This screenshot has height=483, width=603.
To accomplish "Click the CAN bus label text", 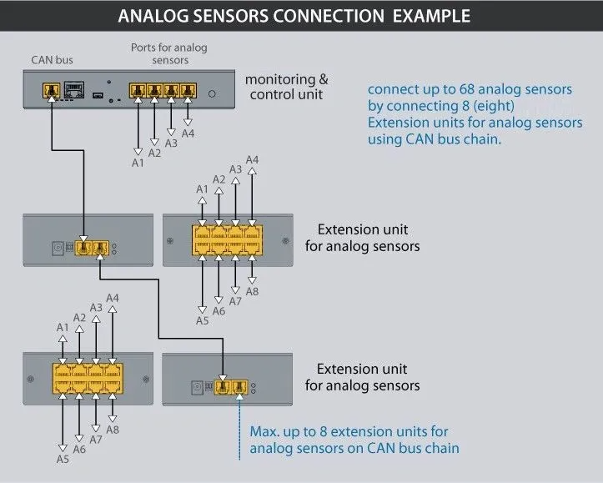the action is (x=52, y=59).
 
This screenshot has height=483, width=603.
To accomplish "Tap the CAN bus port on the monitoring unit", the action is (x=52, y=91).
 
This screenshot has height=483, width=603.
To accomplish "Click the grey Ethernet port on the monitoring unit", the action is (x=74, y=89).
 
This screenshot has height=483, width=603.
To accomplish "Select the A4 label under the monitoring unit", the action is (x=188, y=133).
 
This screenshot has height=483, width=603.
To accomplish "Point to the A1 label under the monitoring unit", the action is (x=138, y=163).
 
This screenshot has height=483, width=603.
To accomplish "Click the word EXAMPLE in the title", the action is (x=431, y=16).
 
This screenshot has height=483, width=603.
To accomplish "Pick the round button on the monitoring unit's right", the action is (x=212, y=93).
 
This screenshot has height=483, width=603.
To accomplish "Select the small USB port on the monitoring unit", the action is (x=98, y=94).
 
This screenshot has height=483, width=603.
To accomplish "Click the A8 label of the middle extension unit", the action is (x=252, y=291).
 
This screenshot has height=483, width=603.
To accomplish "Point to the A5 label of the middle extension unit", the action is (x=203, y=320).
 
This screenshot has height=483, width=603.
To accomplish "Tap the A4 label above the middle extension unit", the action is (x=252, y=159).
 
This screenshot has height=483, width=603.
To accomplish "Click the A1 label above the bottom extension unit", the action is (x=63, y=327).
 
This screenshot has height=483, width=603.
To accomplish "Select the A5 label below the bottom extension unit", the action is (x=63, y=459).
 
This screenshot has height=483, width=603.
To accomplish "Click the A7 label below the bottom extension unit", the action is (x=96, y=439).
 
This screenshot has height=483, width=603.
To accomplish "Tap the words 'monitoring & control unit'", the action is (x=287, y=87).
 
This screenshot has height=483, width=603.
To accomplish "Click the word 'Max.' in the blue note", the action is (x=264, y=431).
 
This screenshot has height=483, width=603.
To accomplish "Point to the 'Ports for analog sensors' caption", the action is (x=169, y=54).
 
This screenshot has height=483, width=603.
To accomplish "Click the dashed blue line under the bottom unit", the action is (x=239, y=429).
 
